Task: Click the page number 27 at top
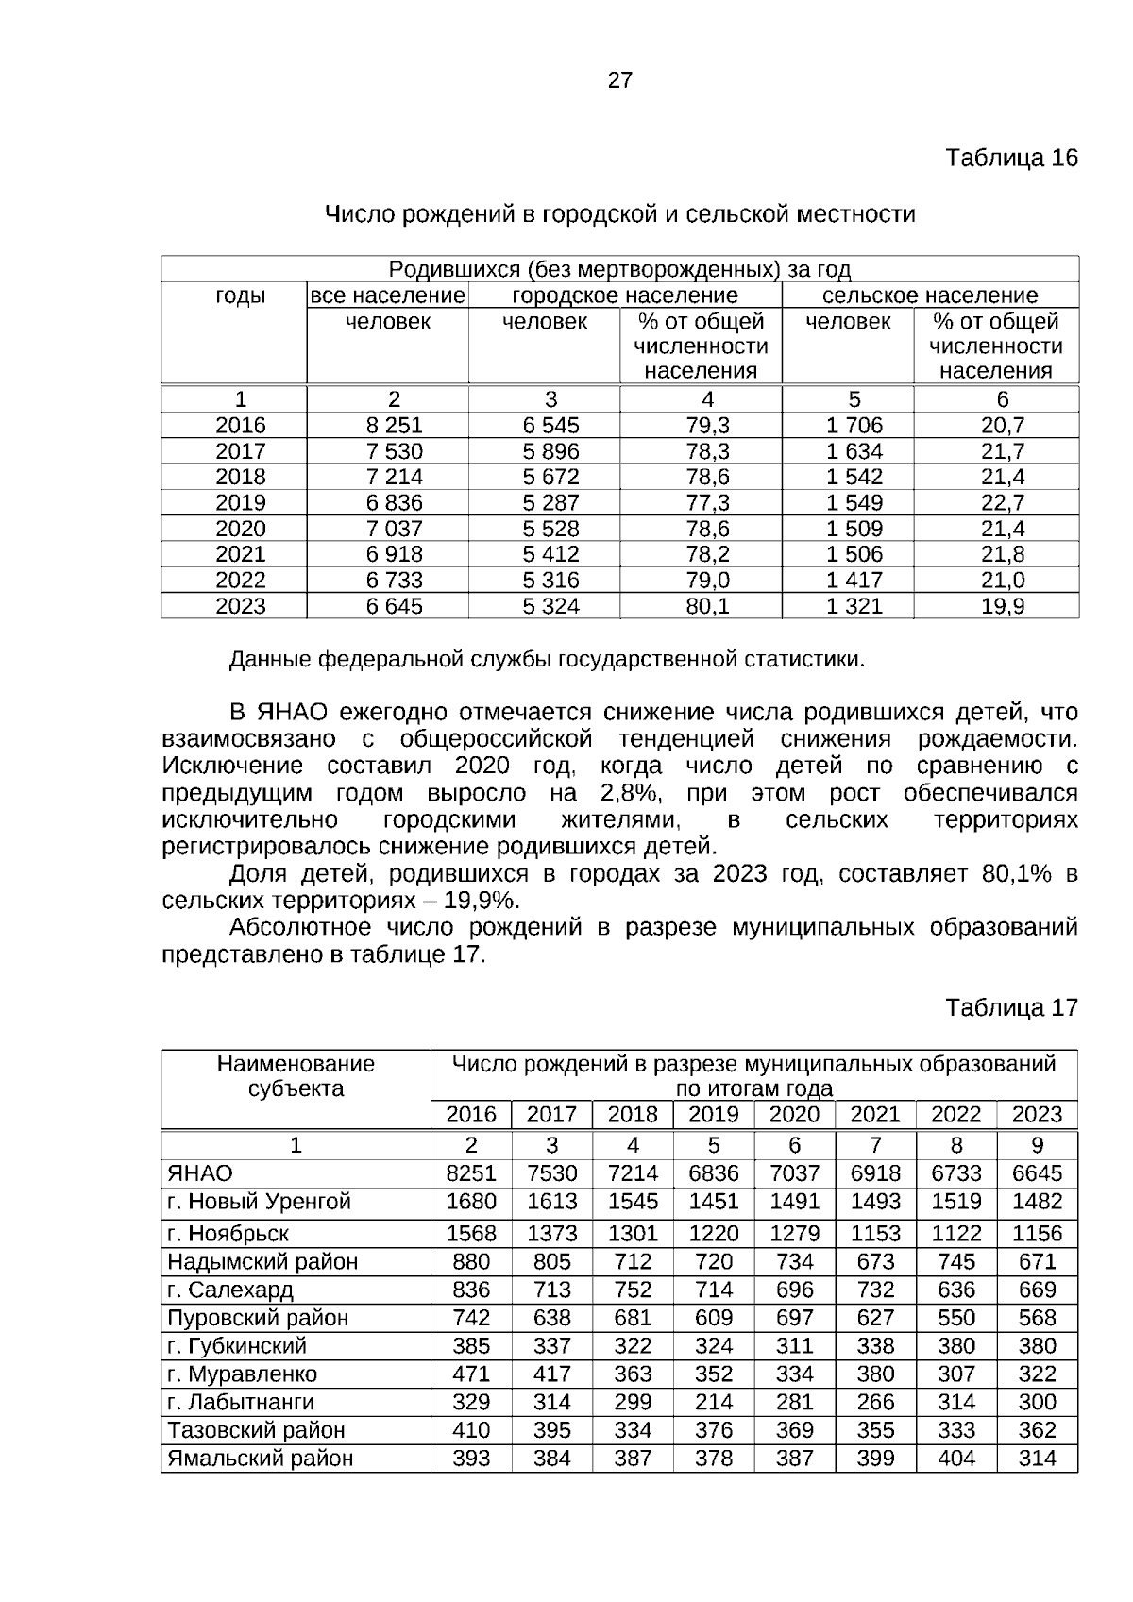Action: [x=619, y=80]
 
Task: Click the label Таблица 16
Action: [x=1011, y=158]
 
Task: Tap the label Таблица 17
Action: [x=1011, y=1007]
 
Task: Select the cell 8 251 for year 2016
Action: [x=395, y=425]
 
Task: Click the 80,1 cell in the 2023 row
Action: [x=707, y=606]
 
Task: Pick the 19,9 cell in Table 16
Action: [x=1003, y=606]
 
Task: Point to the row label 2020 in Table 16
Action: [x=241, y=529]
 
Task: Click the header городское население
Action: [x=624, y=295]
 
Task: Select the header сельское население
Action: [x=929, y=295]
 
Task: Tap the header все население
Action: [x=388, y=295]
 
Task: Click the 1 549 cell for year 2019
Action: [x=854, y=502]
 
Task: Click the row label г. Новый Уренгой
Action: [x=259, y=1202]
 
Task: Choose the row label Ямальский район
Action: [x=260, y=1459]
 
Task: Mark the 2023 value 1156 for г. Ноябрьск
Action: [x=1037, y=1234]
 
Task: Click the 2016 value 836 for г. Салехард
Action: [x=471, y=1290]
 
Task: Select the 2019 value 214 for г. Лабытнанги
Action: [x=713, y=1402]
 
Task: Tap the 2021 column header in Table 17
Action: [x=875, y=1115]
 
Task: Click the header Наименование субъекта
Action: [x=296, y=1076]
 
